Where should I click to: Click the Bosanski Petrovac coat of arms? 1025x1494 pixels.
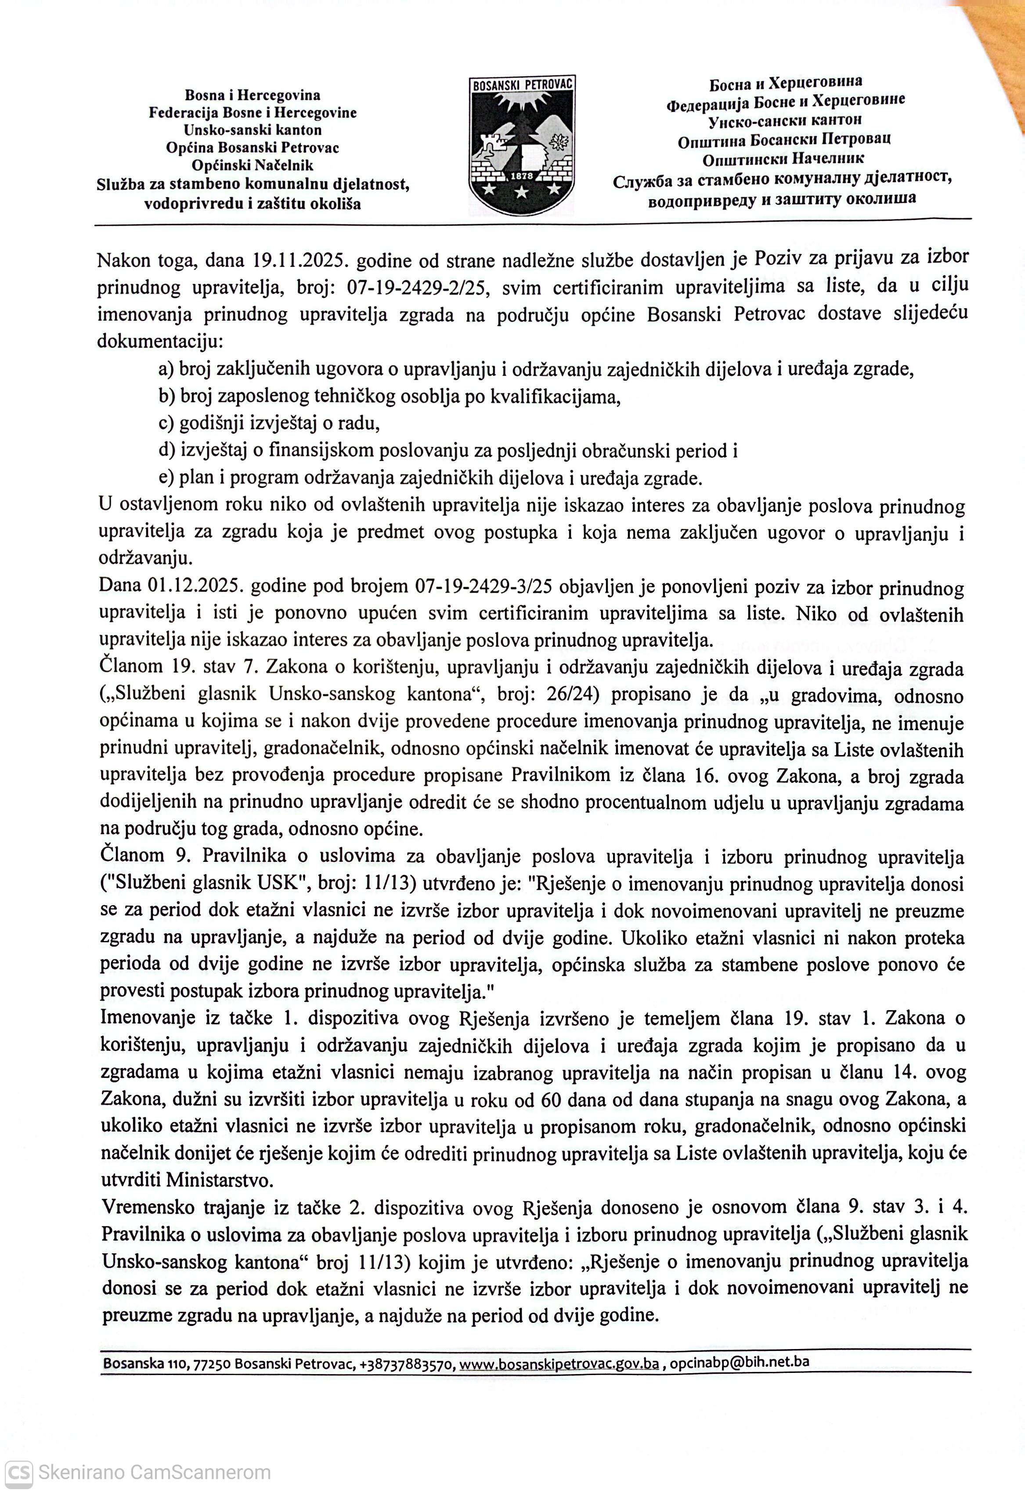521,146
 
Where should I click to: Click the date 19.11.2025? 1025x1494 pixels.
301,260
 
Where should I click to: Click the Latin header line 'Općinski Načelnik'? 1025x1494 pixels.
253,165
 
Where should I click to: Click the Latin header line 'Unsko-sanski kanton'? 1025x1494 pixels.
253,130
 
